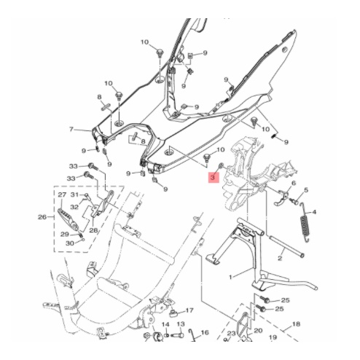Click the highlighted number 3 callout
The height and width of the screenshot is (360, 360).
[213, 176]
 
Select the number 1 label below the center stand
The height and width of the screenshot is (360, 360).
[231, 277]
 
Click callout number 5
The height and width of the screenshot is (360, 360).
[306, 190]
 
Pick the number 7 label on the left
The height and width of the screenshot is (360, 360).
[71, 130]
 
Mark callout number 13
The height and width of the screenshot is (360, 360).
[181, 323]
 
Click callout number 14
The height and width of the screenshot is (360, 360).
[165, 323]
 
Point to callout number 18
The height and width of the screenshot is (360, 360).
[296, 324]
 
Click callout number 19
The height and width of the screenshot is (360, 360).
[273, 339]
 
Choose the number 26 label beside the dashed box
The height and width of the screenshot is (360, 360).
[42, 216]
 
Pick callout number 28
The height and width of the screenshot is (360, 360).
[93, 230]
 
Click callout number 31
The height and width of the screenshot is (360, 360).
[74, 195]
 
